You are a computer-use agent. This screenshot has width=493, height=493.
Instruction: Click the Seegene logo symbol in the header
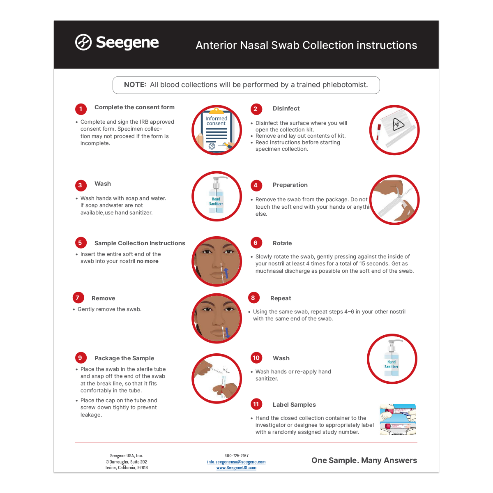[83, 42]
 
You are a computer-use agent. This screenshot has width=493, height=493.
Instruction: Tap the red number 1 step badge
[81, 109]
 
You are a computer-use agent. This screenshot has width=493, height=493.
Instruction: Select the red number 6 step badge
[256, 243]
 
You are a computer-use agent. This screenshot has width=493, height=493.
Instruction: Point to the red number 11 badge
[256, 404]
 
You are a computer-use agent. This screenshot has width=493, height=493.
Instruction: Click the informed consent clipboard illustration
[217, 130]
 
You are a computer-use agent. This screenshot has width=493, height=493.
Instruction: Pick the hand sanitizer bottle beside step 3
[217, 196]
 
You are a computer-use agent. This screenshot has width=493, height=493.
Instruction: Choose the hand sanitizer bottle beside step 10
[392, 359]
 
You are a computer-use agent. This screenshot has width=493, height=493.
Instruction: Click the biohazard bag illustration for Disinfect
[394, 130]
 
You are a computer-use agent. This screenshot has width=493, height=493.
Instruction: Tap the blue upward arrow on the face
[226, 272]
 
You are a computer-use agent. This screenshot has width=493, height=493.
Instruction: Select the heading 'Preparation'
[290, 185]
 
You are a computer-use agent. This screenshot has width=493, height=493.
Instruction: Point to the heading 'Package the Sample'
[124, 358]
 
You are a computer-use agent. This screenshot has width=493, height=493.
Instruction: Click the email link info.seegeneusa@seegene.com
[236, 462]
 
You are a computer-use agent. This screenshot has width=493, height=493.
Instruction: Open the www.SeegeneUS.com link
[236, 468]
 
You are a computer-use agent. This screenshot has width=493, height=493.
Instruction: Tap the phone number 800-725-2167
[236, 456]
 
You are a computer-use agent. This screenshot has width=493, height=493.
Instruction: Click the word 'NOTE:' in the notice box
[135, 85]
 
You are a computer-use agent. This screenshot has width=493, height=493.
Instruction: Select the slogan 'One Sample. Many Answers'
[364, 461]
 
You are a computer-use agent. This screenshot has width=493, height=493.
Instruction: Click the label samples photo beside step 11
[398, 419]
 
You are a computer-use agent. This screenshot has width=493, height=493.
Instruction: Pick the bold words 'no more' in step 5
[147, 261]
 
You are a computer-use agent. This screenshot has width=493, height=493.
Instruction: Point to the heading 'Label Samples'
[294, 405]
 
